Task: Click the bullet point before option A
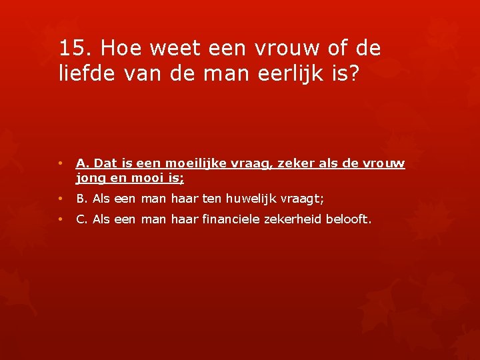click(x=60, y=163)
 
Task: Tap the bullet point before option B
click(x=60, y=198)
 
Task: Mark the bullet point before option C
click(x=60, y=219)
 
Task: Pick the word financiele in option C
click(x=229, y=219)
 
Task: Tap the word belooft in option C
click(x=346, y=219)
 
